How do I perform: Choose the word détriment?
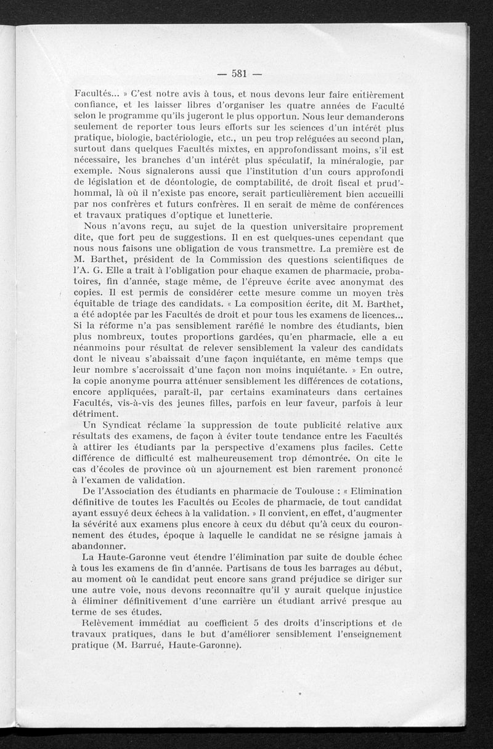click(x=96, y=414)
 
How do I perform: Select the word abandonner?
click(x=99, y=546)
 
